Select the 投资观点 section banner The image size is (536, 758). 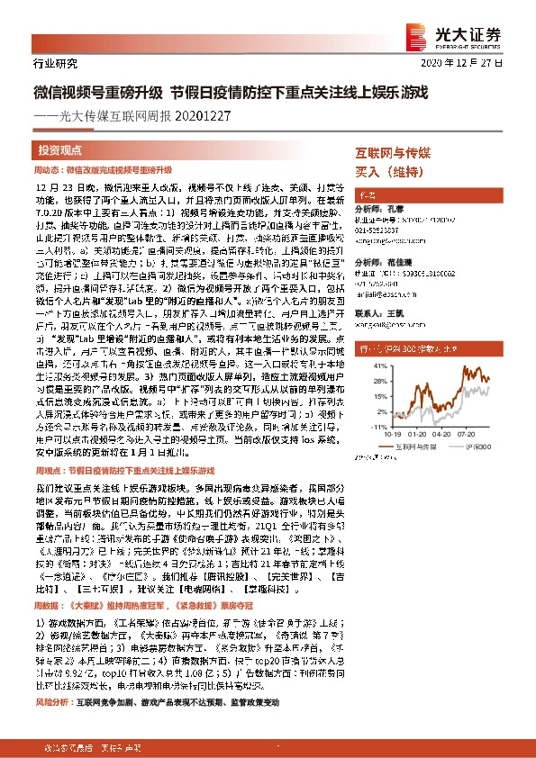click(60, 149)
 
